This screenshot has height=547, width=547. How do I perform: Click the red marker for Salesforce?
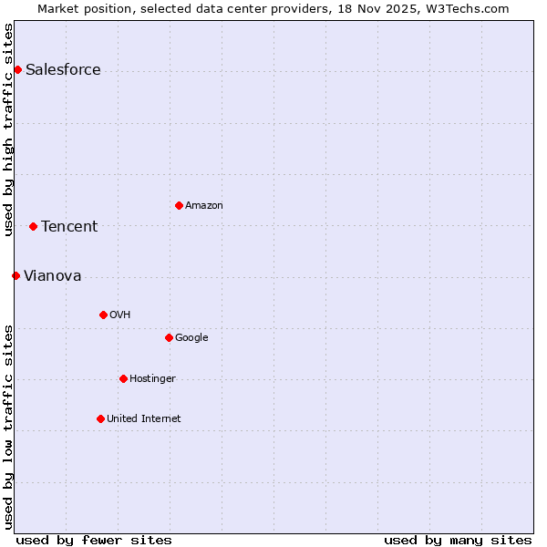coord(17,70)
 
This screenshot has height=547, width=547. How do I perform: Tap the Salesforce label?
coord(63,70)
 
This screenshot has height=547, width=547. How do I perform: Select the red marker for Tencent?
coord(33,226)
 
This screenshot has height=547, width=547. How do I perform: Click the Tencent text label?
coord(69,227)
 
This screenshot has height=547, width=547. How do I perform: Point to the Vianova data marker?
coord(15,275)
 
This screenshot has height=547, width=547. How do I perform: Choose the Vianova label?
coord(52,276)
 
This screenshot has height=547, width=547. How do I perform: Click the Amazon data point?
coord(179,205)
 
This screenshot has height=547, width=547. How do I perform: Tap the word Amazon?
coord(203,206)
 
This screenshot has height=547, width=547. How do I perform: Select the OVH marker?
coord(103,315)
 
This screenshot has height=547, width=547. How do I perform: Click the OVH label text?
coord(119,315)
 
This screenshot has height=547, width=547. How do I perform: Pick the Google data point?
coord(169,337)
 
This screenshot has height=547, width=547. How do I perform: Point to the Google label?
coord(191,338)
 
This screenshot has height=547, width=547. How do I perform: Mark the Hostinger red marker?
coord(123,378)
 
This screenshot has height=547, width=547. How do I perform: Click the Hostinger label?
coord(152,379)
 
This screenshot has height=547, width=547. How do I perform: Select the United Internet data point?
coord(100,418)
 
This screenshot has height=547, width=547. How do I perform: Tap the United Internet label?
coord(143,419)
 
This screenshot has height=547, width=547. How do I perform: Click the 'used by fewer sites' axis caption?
coord(94,540)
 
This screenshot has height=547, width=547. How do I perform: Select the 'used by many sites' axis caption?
coord(458,540)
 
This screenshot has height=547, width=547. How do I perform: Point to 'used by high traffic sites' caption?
coord(8,129)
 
